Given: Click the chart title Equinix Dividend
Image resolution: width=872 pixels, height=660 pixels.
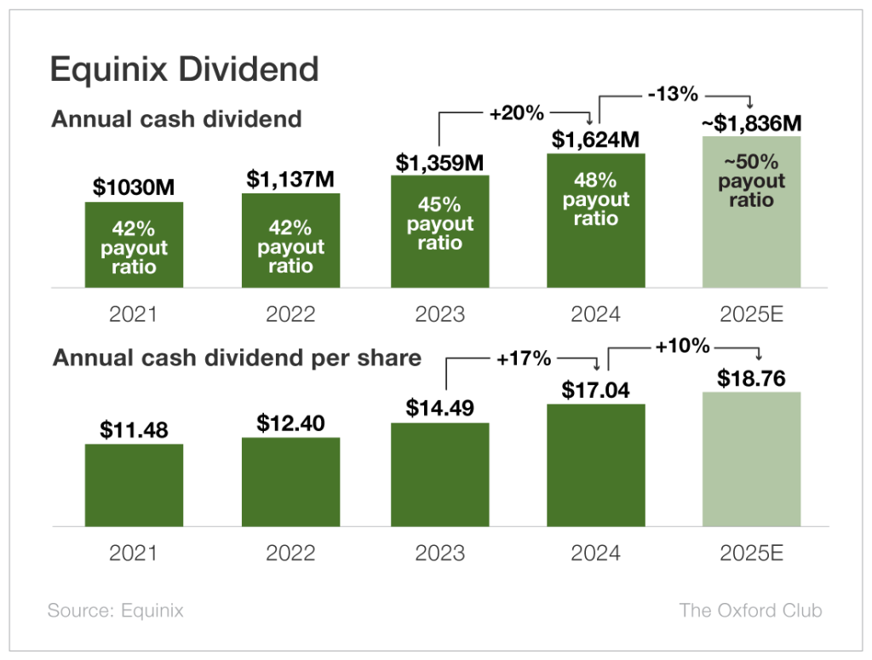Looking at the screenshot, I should point(184,69).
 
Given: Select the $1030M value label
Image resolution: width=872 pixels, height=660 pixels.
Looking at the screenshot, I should point(134,187).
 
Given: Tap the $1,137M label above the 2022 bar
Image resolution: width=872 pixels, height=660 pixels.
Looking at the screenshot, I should point(290,179).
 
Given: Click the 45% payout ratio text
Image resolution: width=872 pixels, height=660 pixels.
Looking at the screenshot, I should point(439,224).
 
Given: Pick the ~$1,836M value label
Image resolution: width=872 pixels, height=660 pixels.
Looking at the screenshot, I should point(752,123).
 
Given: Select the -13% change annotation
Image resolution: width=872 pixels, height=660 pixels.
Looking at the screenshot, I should point(673,94).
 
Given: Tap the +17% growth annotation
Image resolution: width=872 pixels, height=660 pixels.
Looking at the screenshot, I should point(524,359).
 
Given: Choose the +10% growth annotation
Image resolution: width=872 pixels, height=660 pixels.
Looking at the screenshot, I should point(682,345).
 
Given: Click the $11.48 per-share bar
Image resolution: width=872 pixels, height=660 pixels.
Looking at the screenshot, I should point(134,485).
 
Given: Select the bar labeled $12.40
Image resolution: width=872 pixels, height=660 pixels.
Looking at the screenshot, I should point(290,481).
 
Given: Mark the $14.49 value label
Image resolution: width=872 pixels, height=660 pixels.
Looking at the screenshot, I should point(439,408).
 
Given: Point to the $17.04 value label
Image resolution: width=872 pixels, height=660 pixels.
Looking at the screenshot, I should point(595,390).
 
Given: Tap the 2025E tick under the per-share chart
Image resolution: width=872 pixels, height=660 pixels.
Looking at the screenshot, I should point(752,553).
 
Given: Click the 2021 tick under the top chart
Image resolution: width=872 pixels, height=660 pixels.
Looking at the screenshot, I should point(134,313).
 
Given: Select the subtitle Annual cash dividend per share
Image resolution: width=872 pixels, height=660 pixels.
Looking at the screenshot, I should point(237,358).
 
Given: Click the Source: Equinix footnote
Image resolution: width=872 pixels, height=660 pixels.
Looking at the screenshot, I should point(115,611).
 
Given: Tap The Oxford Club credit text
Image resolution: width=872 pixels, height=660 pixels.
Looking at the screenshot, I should point(750,611).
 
